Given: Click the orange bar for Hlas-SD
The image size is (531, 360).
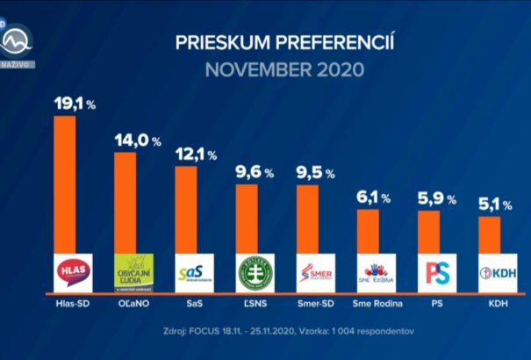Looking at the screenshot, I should [x=65, y=184].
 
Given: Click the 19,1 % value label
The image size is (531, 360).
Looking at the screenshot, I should [x=75, y=104].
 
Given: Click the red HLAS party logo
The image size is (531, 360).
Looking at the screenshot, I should [x=72, y=272].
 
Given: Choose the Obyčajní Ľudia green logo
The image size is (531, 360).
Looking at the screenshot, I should [x=134, y=272].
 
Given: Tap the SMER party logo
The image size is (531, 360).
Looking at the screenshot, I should [x=315, y=272].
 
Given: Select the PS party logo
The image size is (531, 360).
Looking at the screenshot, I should [x=436, y=272].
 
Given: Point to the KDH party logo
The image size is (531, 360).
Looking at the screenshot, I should [x=497, y=272].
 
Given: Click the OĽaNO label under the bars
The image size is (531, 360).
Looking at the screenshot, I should [x=133, y=304].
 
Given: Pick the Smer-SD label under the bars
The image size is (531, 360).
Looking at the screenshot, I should [x=315, y=304].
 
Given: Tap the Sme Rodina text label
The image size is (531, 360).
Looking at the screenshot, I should [x=376, y=304].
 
